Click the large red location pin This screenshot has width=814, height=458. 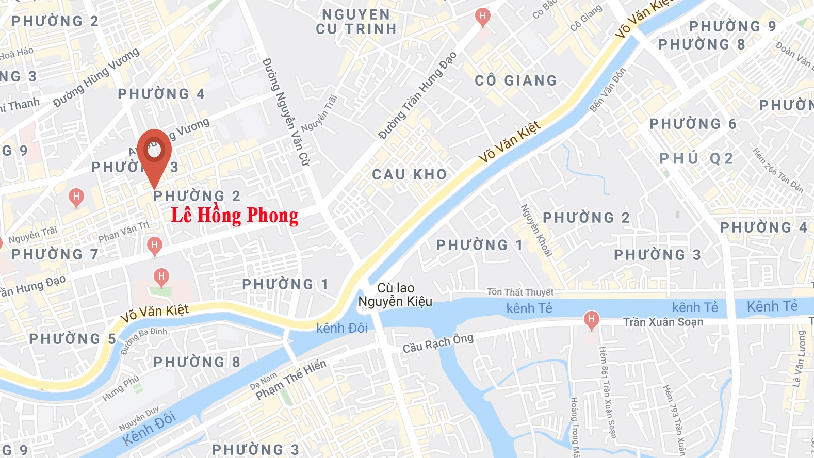(x=154, y=153)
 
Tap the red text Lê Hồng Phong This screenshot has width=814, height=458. (x=235, y=216)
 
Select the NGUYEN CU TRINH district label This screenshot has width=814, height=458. (x=356, y=22)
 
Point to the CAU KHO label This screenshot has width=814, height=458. (x=410, y=174)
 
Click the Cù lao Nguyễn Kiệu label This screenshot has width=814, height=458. (x=396, y=295)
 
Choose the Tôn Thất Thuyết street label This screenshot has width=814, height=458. (x=520, y=292)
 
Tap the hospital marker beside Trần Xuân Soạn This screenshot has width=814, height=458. (x=591, y=320)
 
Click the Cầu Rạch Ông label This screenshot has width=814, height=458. (x=438, y=343)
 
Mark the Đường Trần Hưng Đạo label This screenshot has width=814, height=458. (x=417, y=96)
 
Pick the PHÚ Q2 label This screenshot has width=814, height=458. (x=696, y=158)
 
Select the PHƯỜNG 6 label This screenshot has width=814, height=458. (x=693, y=124)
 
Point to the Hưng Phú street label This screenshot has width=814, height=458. (x=121, y=388)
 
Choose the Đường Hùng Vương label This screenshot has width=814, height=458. (x=96, y=77)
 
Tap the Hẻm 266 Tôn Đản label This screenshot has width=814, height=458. (x=777, y=171)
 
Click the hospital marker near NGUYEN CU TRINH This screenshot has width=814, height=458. (x=482, y=17)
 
